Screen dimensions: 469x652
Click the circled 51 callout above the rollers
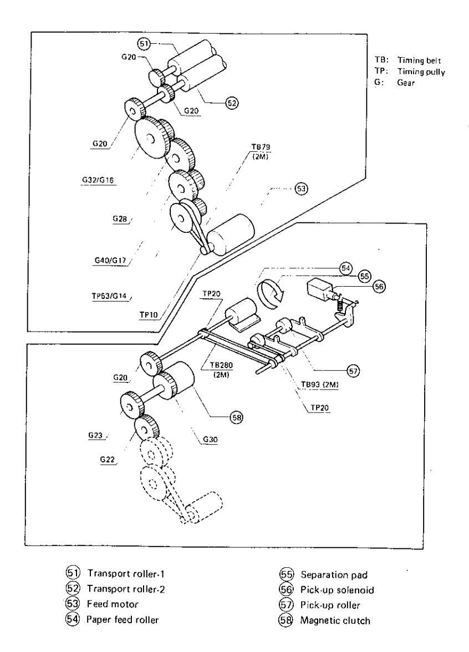(x=144, y=43)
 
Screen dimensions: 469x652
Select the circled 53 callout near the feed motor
(x=301, y=189)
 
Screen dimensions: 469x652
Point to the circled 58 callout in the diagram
(x=236, y=417)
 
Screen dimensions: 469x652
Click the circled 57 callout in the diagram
(x=353, y=371)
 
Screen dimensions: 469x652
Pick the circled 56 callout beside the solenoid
(x=379, y=286)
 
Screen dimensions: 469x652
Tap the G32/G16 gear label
(x=98, y=180)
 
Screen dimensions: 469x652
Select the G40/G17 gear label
(x=110, y=261)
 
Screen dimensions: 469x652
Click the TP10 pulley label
(x=149, y=315)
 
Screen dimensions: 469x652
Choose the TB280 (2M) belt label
(x=221, y=369)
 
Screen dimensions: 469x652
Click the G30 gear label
(x=211, y=440)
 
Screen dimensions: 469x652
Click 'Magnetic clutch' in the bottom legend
(x=335, y=620)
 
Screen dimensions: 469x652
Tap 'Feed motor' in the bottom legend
(x=112, y=604)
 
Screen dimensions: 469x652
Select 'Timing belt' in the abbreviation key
(x=419, y=60)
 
